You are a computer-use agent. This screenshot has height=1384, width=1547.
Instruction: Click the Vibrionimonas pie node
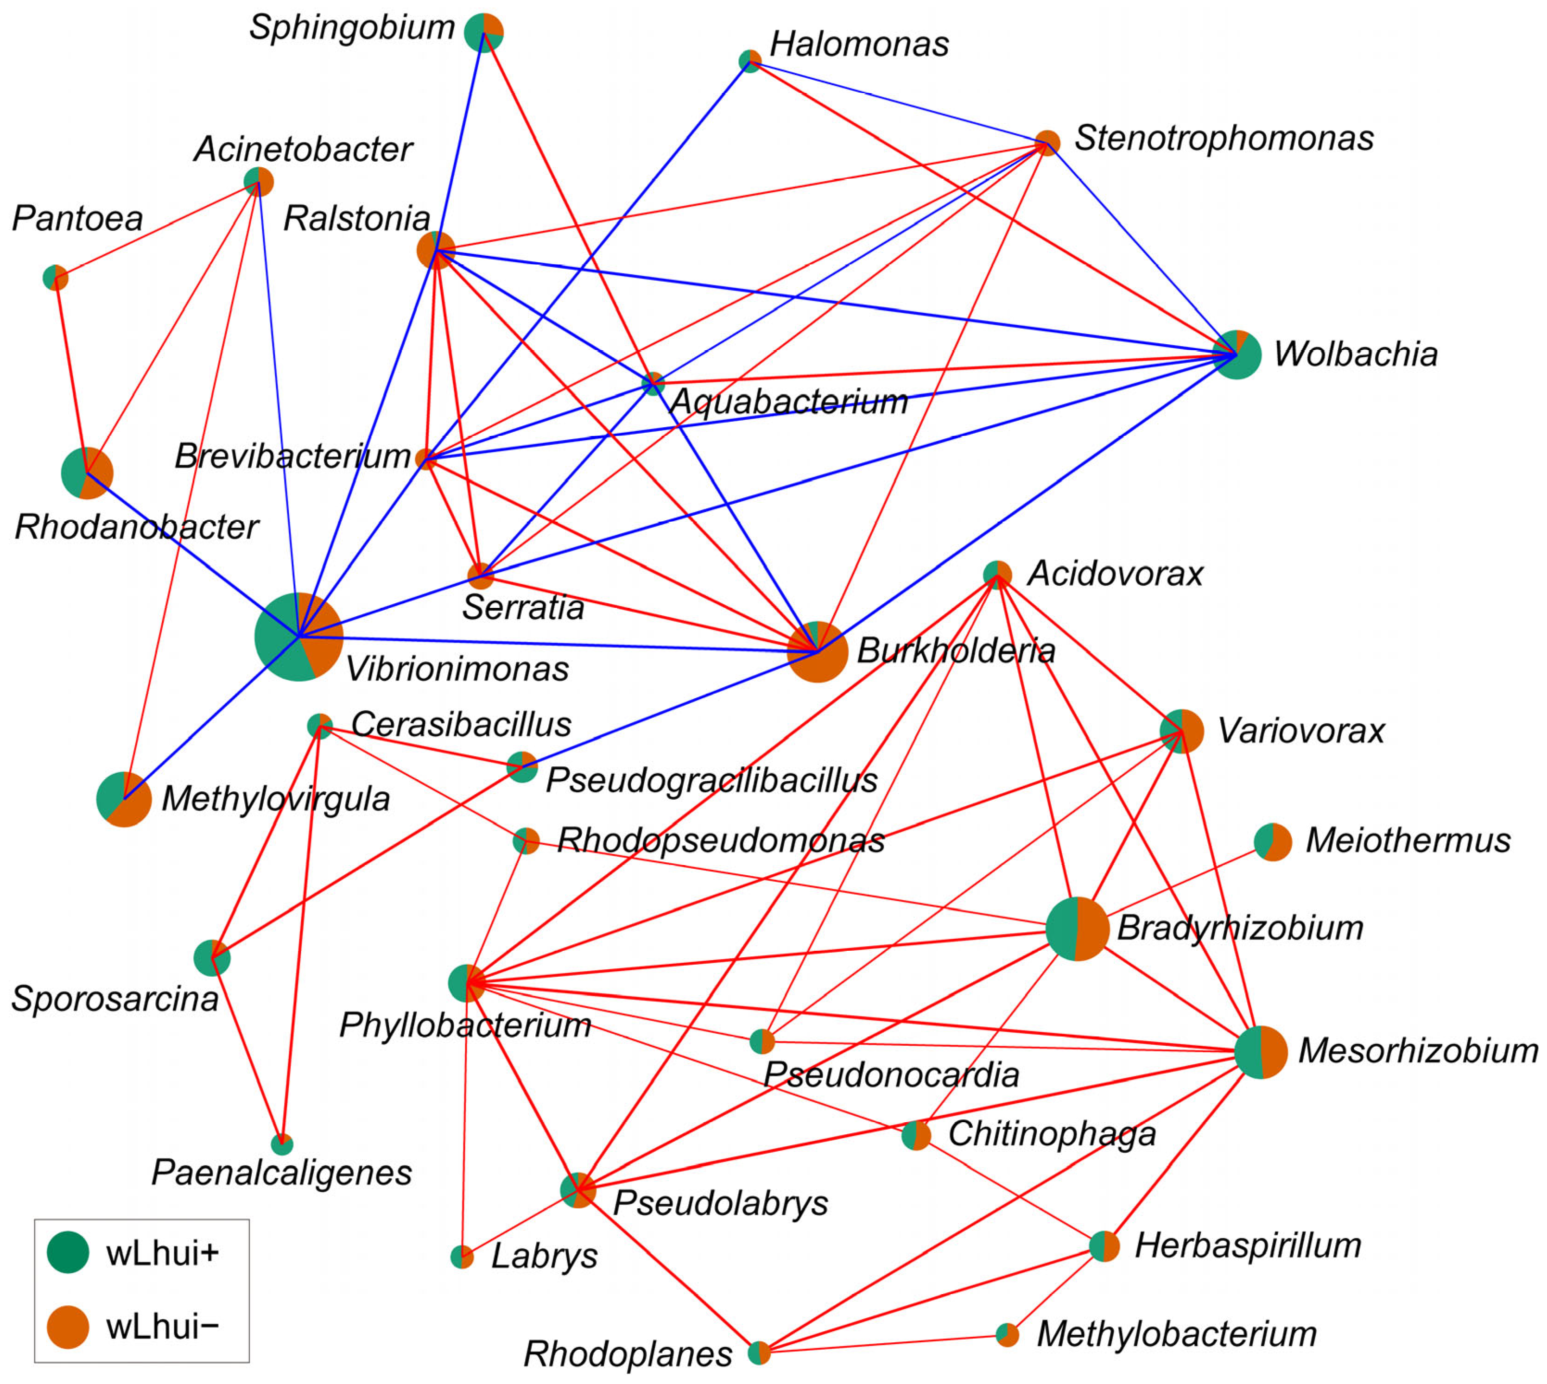coord(298,637)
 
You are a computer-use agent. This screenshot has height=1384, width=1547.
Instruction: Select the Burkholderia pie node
coord(817,652)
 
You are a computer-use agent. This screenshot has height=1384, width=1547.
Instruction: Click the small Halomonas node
coord(750,62)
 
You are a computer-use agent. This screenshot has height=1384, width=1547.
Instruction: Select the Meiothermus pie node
coord(1273,842)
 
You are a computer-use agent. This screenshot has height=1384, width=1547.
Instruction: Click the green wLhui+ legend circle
coord(68,1251)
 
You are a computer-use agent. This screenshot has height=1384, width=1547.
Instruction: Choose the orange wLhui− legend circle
coord(68,1327)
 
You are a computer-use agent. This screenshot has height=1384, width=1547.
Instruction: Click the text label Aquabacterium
coord(789,402)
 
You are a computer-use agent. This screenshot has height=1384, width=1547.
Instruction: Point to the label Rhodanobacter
coord(137,527)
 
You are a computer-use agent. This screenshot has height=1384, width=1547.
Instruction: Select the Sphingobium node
coord(484,32)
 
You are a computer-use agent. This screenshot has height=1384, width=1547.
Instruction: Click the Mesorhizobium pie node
coord(1260,1052)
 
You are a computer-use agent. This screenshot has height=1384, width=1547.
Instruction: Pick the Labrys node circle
coord(462,1257)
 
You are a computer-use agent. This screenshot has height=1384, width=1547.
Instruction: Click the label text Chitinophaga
coord(1051,1134)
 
